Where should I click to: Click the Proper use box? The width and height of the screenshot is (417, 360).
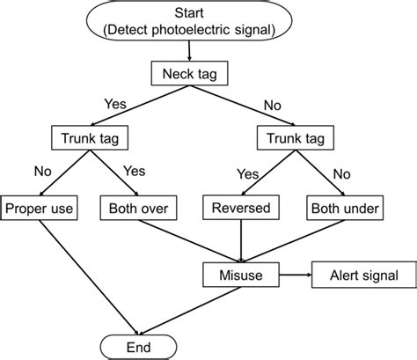(x=41, y=209)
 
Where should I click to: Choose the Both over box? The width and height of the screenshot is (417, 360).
(x=139, y=209)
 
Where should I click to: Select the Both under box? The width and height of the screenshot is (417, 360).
(x=343, y=209)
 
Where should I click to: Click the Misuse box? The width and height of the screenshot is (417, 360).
(x=240, y=275)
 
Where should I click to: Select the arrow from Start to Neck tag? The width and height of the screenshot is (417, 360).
(x=192, y=54)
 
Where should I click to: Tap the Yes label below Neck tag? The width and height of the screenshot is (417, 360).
(x=114, y=104)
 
